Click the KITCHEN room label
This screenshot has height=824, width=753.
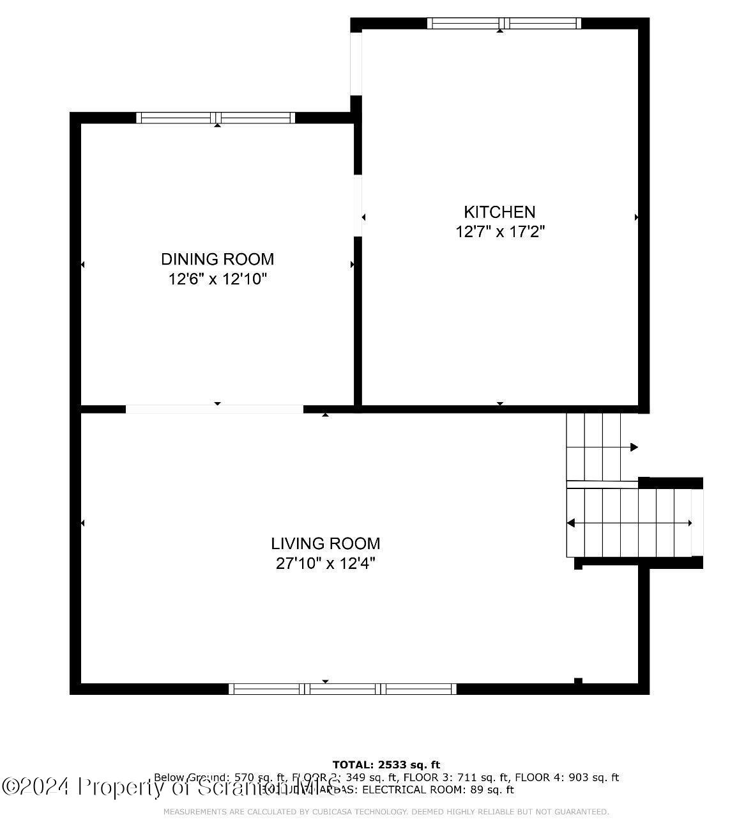click(x=499, y=212)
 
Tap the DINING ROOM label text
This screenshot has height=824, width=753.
click(x=217, y=259)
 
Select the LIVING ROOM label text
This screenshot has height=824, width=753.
click(x=325, y=543)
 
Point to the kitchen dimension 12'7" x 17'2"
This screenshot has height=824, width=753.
click(x=499, y=231)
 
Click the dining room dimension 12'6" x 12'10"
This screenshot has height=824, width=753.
click(x=217, y=279)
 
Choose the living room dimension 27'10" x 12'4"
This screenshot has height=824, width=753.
click(x=325, y=563)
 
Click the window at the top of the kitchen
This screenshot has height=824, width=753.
click(x=504, y=24)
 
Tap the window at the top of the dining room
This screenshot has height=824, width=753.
click(x=216, y=118)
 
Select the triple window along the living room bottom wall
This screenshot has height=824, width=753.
click(x=342, y=688)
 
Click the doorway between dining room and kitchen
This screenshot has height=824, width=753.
click(x=358, y=205)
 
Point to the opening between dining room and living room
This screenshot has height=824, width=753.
click(x=214, y=409)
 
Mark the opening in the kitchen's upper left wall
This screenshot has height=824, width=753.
click(x=356, y=63)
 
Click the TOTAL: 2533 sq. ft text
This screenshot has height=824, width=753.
click(x=386, y=765)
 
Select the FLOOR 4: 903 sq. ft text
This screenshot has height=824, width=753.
click(x=567, y=777)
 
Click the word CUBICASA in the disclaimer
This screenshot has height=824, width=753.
click(x=336, y=812)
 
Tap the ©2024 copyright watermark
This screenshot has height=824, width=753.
click(x=35, y=786)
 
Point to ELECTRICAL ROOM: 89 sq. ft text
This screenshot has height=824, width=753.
click(x=438, y=789)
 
